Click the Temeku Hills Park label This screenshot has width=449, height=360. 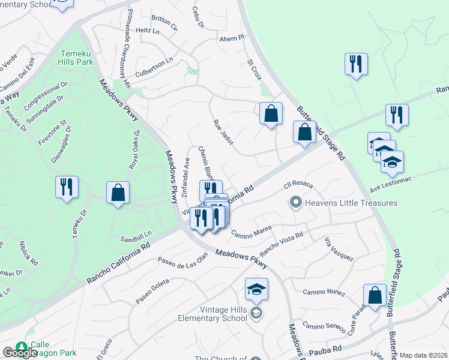76,57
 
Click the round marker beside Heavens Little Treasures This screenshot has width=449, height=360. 295,203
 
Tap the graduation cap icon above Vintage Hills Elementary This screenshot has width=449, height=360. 256,290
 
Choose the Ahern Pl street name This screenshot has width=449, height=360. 232,38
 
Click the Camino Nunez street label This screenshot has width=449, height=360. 324,292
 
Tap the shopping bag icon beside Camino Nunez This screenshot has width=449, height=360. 375,295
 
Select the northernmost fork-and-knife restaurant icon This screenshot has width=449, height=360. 357,64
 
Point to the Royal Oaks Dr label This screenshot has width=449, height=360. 134,149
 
